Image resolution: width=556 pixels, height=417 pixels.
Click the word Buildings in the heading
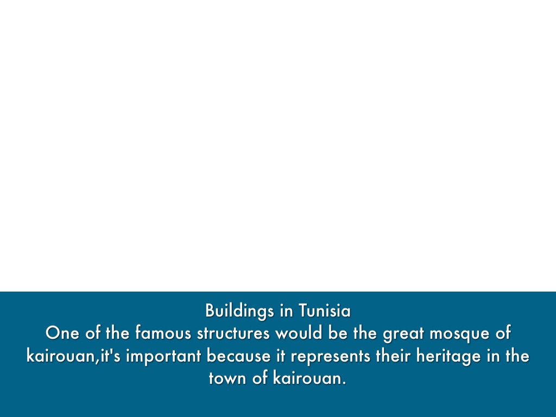tap(239, 311)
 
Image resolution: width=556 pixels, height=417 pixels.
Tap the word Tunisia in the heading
tap(325, 311)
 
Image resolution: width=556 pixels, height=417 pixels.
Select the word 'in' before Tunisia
tap(287, 311)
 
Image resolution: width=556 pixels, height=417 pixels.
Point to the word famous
tap(163, 333)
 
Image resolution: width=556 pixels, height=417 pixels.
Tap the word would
tap(299, 333)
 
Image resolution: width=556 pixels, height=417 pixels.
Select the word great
tap(403, 334)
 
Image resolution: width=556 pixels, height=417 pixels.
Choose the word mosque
tap(459, 334)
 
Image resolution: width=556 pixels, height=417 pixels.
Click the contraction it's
tap(110, 356)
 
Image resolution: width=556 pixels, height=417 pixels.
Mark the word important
tap(164, 356)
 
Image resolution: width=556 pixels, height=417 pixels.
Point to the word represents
tap(331, 356)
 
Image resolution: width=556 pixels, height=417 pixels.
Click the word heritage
tap(448, 356)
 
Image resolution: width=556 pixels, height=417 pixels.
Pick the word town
tap(228, 378)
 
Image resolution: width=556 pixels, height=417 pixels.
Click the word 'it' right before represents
tap(281, 356)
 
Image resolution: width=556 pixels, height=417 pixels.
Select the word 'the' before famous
tap(117, 333)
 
